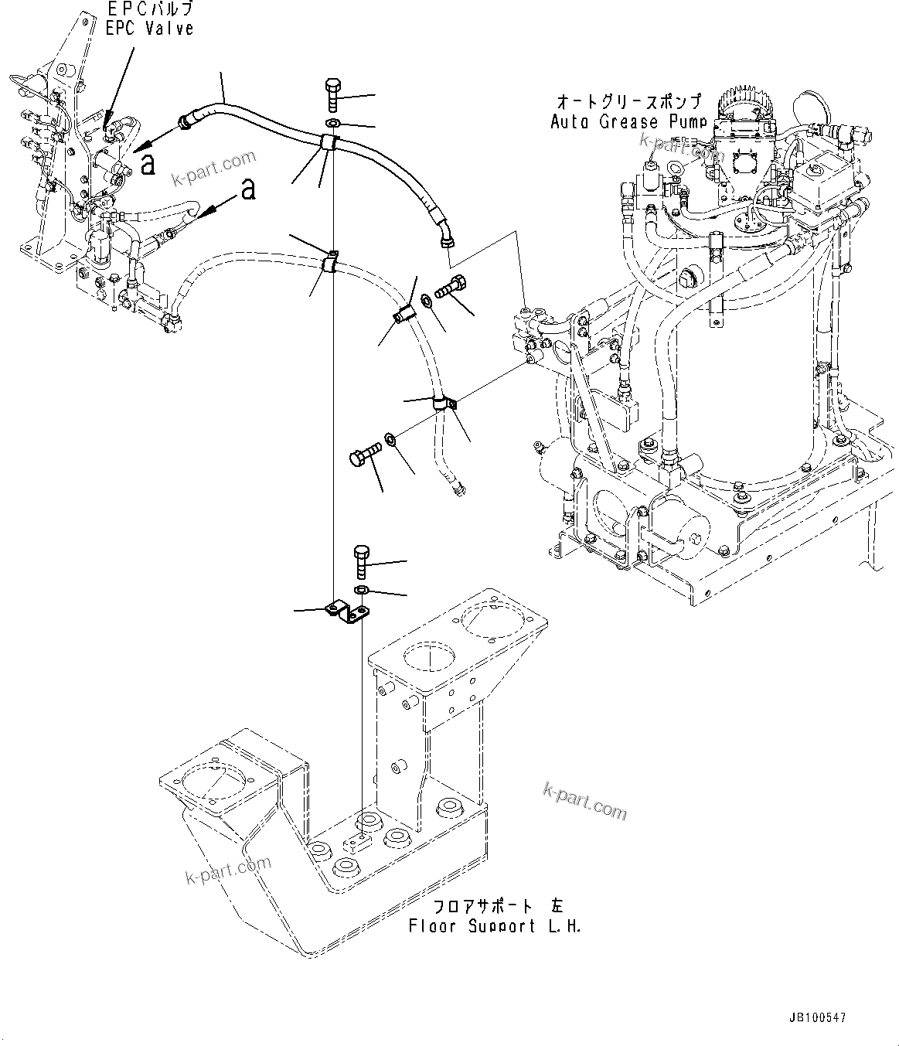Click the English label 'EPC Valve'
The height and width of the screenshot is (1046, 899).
coord(149,29)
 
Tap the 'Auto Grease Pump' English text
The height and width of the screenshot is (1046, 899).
coord(628,121)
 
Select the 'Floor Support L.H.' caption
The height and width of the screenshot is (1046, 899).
coord(495,925)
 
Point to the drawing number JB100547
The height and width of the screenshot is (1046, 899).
coord(818,1018)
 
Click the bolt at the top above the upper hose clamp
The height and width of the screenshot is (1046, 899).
coord(332,95)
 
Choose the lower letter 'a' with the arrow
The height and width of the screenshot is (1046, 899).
coord(247,189)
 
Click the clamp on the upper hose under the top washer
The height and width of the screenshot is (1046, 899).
coord(329,141)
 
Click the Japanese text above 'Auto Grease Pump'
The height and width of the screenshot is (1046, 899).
coord(628,102)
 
